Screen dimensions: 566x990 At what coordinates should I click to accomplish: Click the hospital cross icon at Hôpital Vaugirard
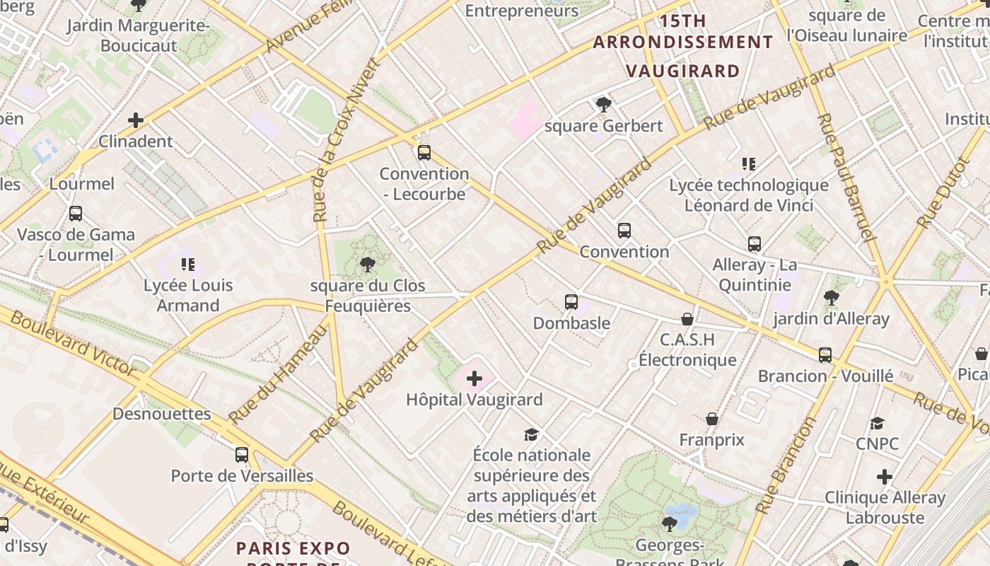pos(474,379)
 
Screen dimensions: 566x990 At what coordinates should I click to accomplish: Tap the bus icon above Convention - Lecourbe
pos(424,152)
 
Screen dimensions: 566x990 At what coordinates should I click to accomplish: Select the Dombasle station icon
pos(571,302)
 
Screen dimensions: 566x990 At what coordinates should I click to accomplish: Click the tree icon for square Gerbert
pos(603,105)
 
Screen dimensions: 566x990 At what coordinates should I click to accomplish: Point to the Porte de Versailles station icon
pos(242,455)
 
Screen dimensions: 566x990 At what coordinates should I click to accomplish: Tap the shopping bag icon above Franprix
pos(712,419)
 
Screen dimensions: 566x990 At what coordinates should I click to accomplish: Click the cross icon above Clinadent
pos(135,120)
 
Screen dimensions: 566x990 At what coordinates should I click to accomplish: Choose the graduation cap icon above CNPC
pos(877,423)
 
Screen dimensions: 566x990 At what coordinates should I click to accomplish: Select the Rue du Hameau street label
pos(279,373)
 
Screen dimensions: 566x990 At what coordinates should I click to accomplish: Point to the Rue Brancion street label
pos(786,464)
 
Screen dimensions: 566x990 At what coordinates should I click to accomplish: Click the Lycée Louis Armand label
pos(188,296)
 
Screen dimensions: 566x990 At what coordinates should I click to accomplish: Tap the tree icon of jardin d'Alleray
pos(831,298)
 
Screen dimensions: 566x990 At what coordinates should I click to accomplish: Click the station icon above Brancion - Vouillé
pos(825,354)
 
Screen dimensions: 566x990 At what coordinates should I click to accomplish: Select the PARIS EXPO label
pos(293,548)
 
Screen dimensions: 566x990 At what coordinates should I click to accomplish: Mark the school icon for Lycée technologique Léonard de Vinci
pos(749,164)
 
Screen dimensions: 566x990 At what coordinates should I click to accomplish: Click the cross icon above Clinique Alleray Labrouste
pos(884,477)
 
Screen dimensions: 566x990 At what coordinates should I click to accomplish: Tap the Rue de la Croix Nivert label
pos(346,140)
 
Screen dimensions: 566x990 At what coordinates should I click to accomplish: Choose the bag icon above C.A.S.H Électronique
pos(687,319)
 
